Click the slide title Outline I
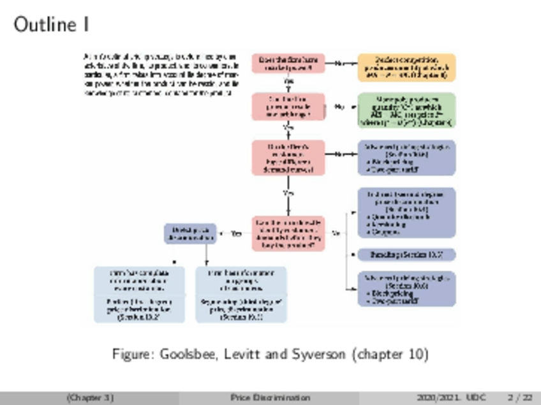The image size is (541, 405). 51,26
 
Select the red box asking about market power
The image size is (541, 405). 288,64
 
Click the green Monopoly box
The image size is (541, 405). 406,111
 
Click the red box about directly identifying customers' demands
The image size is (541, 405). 288,233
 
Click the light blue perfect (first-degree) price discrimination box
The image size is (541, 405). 139,294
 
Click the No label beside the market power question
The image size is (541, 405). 339,64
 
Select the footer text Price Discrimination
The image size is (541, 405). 270,398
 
